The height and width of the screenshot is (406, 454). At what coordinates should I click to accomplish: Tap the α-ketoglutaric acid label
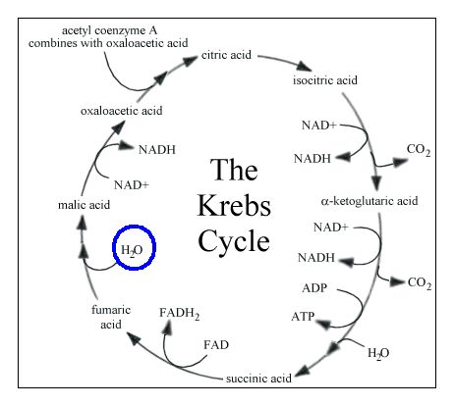[369, 201]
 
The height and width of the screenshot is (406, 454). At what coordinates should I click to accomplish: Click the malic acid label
[57, 204]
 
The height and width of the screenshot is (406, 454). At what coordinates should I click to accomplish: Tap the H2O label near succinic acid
[377, 352]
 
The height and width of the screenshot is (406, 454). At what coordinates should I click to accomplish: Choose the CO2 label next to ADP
[420, 284]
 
